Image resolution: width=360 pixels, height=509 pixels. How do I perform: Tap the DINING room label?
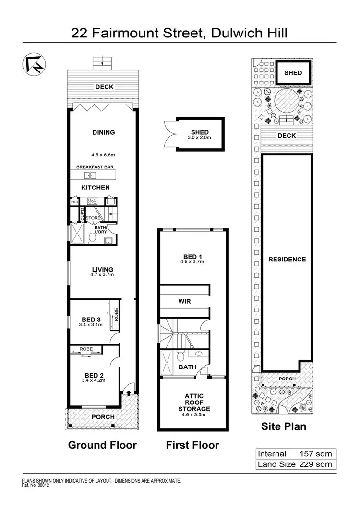tap(104, 132)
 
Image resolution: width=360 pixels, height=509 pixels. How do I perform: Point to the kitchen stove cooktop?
tap(93, 201)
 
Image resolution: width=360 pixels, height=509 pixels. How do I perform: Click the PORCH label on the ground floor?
tap(103, 417)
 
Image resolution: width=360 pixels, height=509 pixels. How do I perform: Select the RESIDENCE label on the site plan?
tap(287, 260)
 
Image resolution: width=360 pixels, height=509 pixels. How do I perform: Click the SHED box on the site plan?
tap(293, 73)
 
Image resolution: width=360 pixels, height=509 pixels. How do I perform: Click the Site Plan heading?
tap(283, 426)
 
